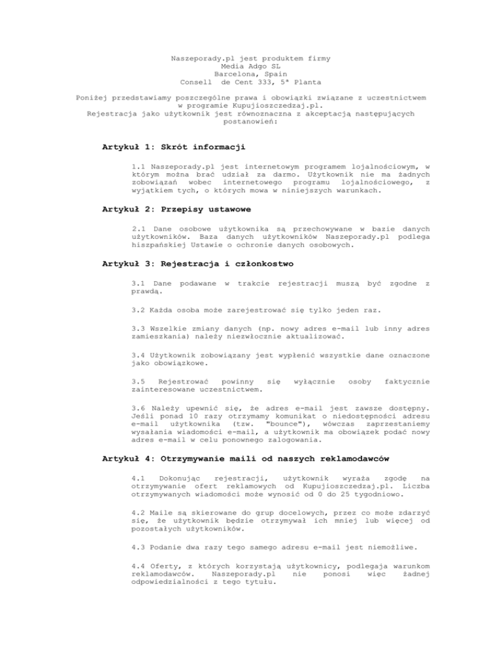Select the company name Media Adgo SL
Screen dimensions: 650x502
pyautogui.click(x=250, y=65)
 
